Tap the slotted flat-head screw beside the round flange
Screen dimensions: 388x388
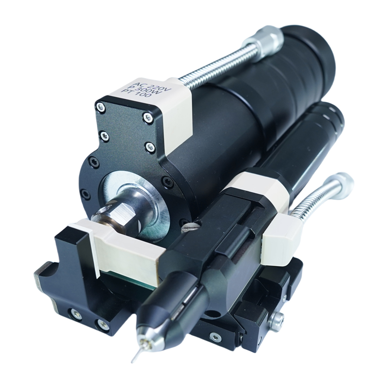pyautogui.click(x=190, y=227)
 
